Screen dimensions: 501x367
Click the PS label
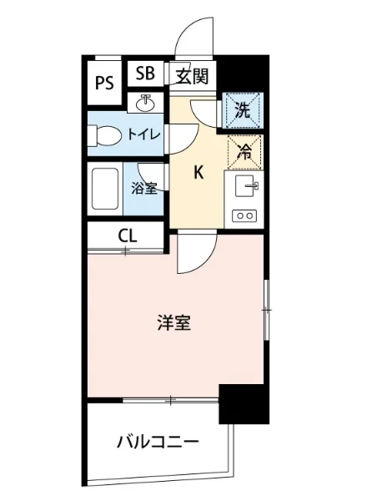pos(104,82)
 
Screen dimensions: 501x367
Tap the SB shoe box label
pos(145,73)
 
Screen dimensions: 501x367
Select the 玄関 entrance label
pos(191,78)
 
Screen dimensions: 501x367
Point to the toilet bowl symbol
pos(106,134)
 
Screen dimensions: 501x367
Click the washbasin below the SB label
pos(146,103)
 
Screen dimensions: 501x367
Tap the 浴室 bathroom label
pos(144,188)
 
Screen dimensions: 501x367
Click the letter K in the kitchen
pos(199,173)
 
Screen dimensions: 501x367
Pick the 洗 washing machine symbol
pos(242,109)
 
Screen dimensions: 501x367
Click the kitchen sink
pos(246,185)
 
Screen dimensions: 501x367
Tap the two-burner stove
pos(246,215)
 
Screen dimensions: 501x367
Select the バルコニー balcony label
pos(157,440)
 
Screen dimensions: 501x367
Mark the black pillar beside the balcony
pos(244,403)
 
